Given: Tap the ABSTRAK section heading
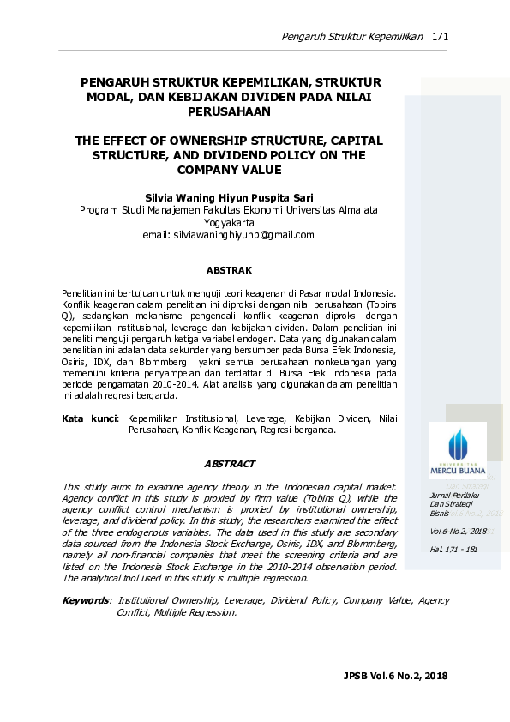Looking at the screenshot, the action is coord(230,270).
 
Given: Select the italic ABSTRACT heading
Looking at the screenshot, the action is coord(230,464).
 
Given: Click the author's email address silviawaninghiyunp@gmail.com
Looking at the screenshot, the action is coord(229,234).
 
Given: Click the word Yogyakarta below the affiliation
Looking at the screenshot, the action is coord(229,222).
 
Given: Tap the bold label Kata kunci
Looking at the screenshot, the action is coord(89,419).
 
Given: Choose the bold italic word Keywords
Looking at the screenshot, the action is coord(86,601).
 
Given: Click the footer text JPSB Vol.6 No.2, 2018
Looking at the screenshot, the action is coord(395,677).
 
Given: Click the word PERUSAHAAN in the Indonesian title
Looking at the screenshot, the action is coord(229,111).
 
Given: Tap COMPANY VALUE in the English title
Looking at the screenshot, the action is coord(229,171).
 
